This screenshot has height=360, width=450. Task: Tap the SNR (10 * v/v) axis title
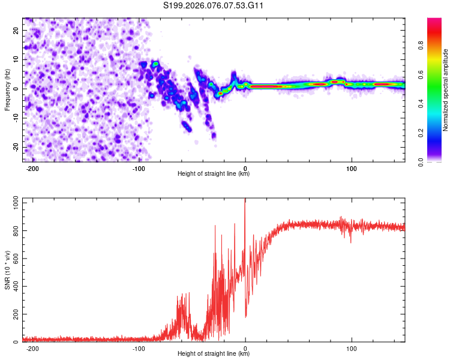7,272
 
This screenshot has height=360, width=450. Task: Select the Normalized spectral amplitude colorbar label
446,90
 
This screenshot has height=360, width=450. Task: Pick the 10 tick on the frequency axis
16,59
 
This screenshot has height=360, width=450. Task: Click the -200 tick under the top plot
32,169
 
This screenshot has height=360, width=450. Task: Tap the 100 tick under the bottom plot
352,348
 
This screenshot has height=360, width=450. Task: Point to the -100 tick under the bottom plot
139,348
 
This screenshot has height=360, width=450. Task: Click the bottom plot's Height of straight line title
214,354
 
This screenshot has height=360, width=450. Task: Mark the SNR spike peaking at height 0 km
245,202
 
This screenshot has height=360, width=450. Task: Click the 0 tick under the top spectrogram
245,169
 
